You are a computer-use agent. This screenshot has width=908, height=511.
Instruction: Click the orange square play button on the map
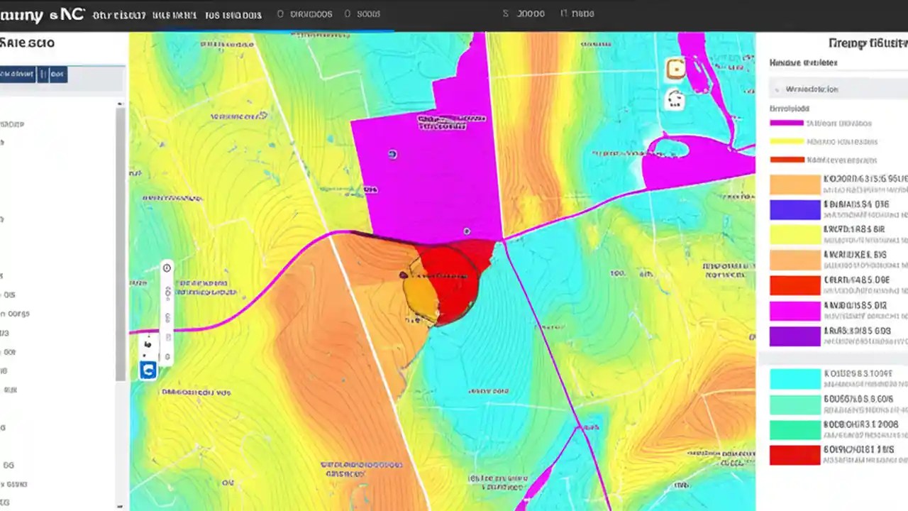click(675, 69)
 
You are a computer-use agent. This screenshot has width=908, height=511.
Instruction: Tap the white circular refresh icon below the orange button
click(675, 99)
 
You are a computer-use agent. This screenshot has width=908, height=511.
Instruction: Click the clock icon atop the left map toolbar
click(167, 268)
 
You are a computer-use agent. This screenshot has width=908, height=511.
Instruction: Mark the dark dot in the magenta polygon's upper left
click(392, 154)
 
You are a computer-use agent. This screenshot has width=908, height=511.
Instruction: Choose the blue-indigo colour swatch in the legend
click(794, 209)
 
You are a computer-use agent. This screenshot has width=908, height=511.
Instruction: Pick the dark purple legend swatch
click(794, 336)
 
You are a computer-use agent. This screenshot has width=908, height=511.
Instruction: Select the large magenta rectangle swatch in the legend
click(794, 311)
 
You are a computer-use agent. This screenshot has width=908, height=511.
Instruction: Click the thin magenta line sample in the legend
click(787, 123)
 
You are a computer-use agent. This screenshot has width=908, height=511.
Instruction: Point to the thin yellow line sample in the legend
click(787, 141)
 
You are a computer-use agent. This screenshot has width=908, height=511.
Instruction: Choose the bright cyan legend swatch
click(794, 378)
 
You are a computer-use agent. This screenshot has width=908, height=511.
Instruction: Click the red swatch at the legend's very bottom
click(794, 455)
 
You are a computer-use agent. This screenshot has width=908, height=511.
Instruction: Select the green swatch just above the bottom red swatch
click(794, 429)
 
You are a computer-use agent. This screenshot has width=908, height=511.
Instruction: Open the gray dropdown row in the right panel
click(837, 89)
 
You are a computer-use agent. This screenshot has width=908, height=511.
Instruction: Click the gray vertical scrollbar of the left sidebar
click(121, 241)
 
